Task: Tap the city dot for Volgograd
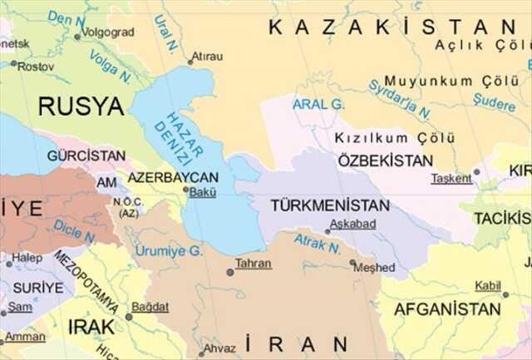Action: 77,37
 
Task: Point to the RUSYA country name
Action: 81,106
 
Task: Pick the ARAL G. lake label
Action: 318,104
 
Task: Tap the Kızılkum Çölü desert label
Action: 395,138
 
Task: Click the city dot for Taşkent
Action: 476,172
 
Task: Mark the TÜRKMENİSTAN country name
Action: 329,205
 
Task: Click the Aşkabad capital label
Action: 352,224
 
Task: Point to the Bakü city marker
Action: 186,190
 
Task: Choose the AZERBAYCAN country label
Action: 173,177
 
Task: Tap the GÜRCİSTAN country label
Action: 86,155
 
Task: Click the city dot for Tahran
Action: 230,272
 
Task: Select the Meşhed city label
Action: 375,268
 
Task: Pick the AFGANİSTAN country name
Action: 447,308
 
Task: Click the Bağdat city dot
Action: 128,317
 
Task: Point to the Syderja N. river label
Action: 400,99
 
